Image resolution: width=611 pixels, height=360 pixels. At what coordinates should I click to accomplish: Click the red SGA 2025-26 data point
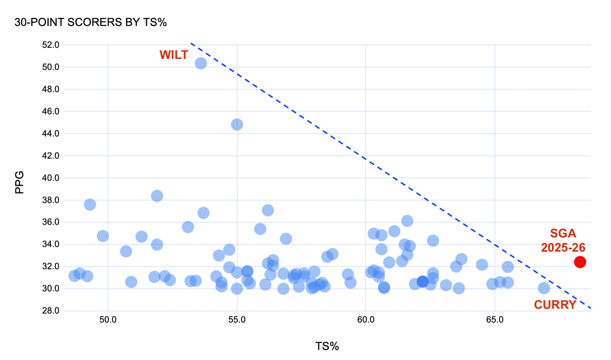[x=580, y=262]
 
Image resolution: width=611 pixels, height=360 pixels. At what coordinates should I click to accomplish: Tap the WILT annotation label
[x=174, y=55]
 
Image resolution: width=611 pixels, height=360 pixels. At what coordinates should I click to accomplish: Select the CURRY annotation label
[x=555, y=305]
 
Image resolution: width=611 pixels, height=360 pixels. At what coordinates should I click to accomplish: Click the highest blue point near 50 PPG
[x=201, y=63]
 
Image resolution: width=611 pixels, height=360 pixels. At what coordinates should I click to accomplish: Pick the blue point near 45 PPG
[x=237, y=125]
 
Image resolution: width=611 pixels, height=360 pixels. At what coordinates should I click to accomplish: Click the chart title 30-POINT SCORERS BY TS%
[x=91, y=22]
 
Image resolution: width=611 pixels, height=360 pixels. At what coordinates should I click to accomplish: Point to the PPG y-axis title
[x=20, y=182]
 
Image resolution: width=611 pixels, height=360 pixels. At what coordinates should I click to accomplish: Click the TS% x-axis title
[x=327, y=346]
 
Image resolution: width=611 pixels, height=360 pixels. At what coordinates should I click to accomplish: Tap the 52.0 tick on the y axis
[x=51, y=45]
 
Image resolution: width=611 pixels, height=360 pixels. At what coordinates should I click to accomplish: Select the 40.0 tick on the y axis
[x=51, y=178]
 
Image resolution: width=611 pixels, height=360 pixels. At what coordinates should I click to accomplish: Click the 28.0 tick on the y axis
[x=51, y=311]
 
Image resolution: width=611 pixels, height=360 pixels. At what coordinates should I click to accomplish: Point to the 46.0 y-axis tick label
[x=51, y=111]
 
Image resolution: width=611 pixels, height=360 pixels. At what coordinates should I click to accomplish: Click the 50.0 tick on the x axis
[x=108, y=320]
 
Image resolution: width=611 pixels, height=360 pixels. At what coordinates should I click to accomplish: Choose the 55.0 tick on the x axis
[x=237, y=320]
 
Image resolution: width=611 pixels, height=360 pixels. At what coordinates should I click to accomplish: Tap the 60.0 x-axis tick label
[x=366, y=320]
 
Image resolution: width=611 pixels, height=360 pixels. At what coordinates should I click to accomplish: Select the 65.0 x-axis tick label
[x=495, y=320]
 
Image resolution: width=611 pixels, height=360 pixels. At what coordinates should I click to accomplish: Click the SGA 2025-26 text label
[x=563, y=241]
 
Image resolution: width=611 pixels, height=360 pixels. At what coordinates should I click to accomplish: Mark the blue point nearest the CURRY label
[x=544, y=288]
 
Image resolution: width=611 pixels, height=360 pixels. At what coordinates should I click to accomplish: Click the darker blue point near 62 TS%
[x=423, y=282]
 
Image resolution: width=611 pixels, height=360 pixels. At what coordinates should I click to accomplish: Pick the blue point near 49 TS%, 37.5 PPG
[x=90, y=205]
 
